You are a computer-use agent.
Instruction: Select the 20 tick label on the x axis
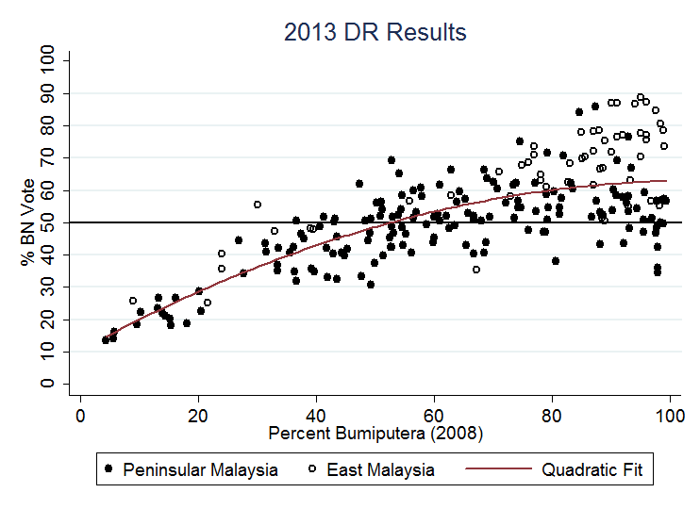pyautogui.click(x=198, y=415)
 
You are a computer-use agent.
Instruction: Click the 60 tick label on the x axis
pyautogui.click(x=434, y=415)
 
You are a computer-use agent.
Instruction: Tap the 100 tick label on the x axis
pyautogui.click(x=670, y=415)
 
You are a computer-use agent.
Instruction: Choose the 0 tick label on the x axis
pyautogui.click(x=80, y=415)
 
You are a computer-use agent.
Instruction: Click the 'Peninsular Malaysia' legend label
pyautogui.click(x=200, y=469)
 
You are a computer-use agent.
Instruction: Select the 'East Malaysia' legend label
pyautogui.click(x=380, y=469)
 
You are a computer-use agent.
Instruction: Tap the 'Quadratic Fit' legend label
pyautogui.click(x=592, y=469)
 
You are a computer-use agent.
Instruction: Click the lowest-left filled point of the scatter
pyautogui.click(x=106, y=339)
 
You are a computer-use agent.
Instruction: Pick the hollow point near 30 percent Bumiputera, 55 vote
pyautogui.click(x=258, y=205)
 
